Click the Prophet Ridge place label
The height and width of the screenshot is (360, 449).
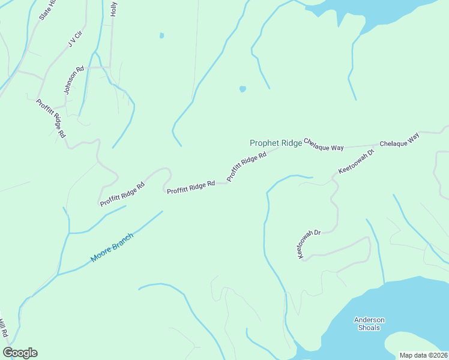[x=276, y=143]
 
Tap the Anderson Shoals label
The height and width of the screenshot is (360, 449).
[x=369, y=323]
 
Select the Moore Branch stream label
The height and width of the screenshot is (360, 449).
[x=112, y=247]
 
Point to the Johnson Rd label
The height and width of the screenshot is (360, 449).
[x=71, y=82]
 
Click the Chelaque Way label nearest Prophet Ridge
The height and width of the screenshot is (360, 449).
[x=324, y=144]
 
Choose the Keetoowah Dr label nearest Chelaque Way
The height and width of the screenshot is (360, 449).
[x=356, y=162]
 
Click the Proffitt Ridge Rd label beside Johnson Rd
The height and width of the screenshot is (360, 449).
[x=50, y=119]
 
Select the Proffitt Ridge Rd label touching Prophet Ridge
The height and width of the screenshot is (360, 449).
[x=246, y=167]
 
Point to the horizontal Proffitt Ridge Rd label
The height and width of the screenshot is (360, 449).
[x=191, y=187]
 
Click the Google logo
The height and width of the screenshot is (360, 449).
[x=20, y=353]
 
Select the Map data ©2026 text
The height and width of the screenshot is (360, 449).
[x=423, y=355]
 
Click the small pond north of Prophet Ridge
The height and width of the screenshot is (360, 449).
[x=243, y=89]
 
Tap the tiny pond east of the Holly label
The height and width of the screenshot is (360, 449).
[x=161, y=35]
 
